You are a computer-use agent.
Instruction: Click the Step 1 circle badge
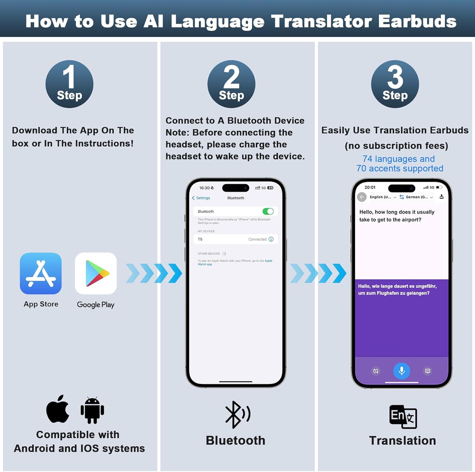tap(69, 84)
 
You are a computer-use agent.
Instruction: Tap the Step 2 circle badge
tap(231, 84)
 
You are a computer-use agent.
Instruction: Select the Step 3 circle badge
tap(395, 84)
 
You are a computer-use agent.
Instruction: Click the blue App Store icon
tap(41, 273)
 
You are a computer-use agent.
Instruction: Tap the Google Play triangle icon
tap(96, 273)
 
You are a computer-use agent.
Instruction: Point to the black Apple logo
tap(58, 409)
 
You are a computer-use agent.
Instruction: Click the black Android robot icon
tap(92, 410)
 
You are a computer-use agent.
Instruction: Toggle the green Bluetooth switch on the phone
tap(268, 211)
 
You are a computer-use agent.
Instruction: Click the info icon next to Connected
tap(271, 239)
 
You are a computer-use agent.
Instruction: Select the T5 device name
tap(200, 239)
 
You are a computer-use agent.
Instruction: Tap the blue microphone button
tap(402, 371)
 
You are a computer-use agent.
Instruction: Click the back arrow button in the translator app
tap(362, 197)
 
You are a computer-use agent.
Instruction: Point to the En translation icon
tap(403, 416)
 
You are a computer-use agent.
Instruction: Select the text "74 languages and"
tap(398, 159)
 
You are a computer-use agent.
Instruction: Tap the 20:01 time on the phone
tap(370, 187)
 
